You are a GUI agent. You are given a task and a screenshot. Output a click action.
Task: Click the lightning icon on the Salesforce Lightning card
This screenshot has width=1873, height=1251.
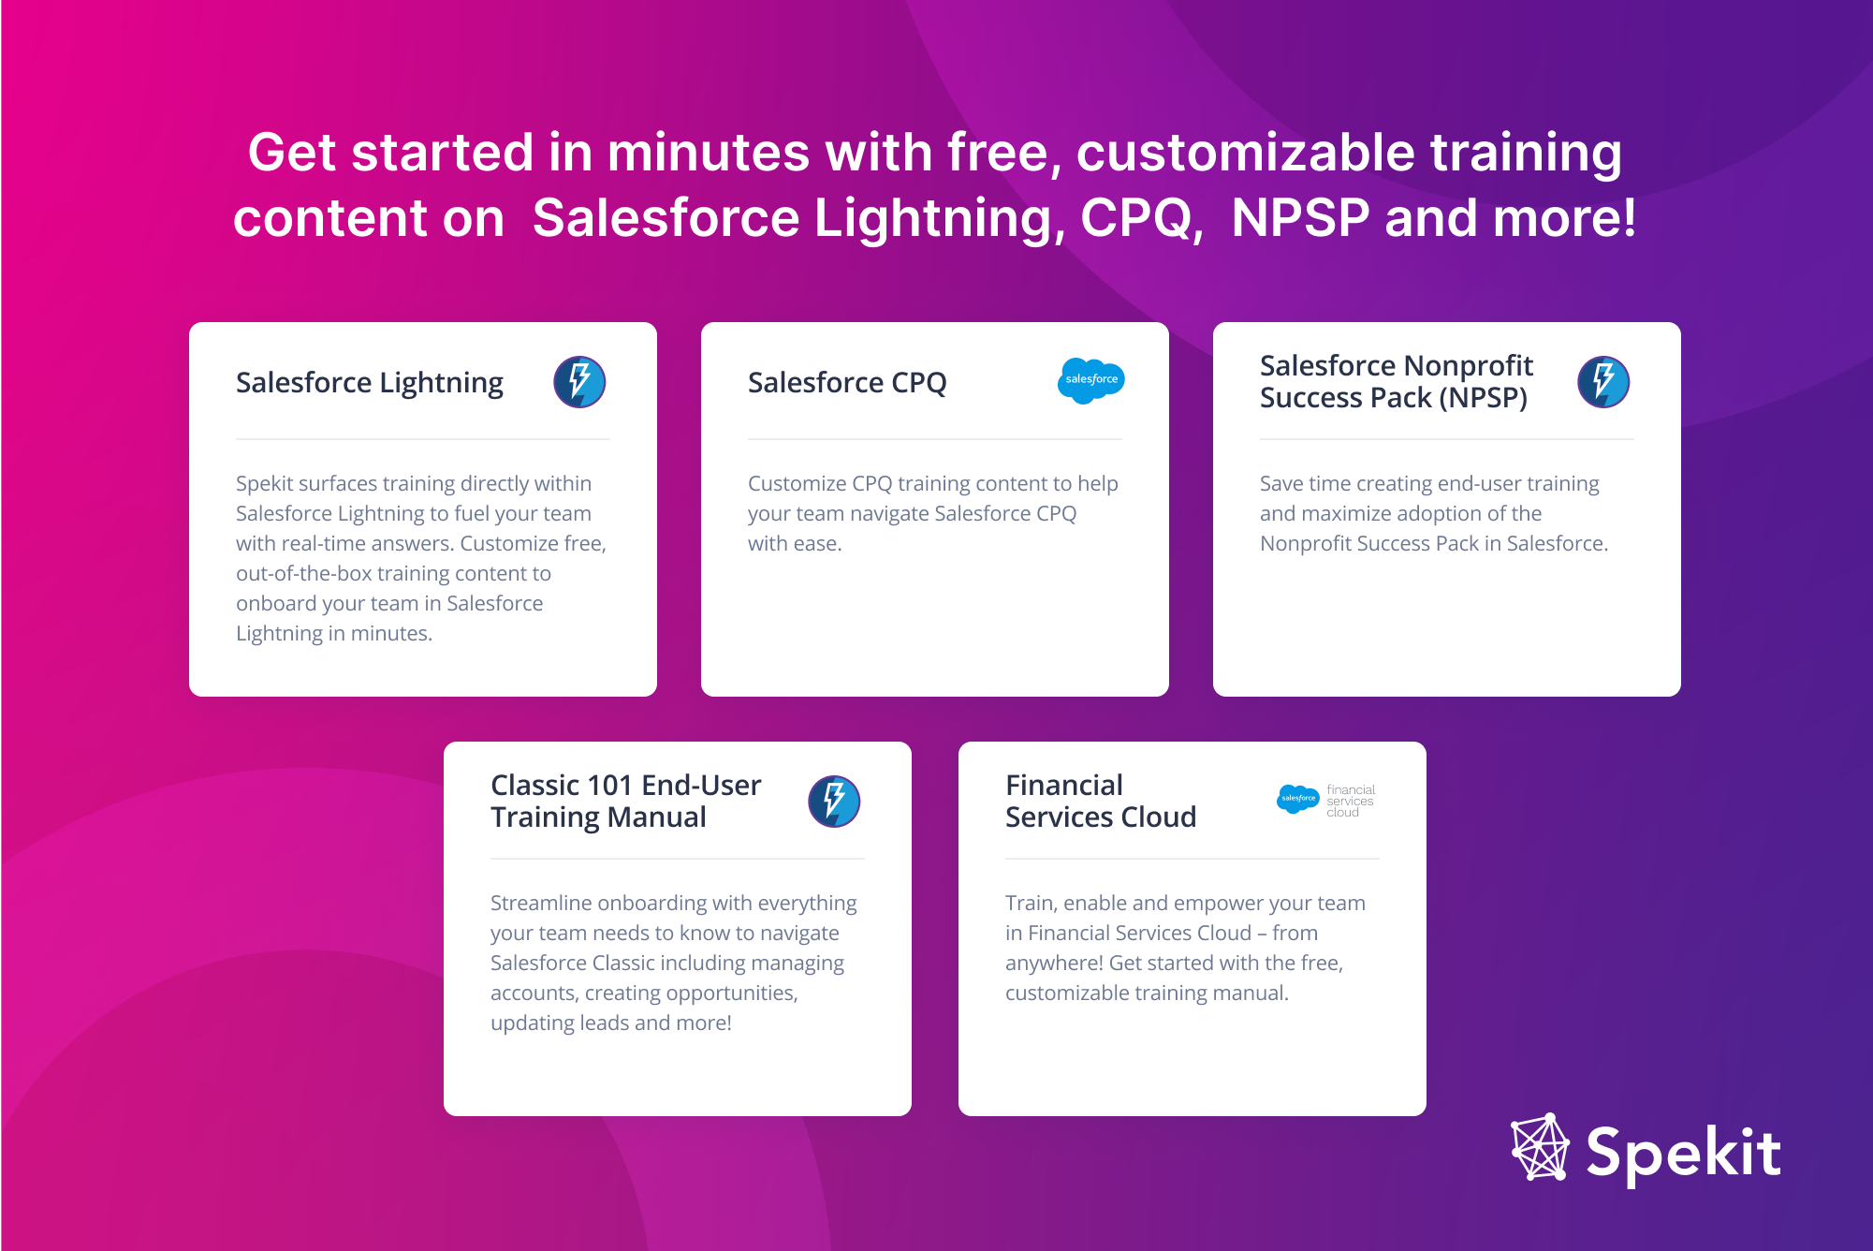click(x=579, y=382)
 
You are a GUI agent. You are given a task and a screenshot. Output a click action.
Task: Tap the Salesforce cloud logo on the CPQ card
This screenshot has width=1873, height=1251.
click(x=1090, y=380)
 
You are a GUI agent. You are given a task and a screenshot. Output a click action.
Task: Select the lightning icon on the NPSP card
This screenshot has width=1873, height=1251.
click(x=1603, y=382)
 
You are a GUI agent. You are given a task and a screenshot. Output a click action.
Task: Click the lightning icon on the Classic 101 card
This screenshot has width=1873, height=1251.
click(x=834, y=802)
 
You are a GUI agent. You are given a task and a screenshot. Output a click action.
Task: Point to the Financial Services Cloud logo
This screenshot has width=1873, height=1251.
click(x=1326, y=800)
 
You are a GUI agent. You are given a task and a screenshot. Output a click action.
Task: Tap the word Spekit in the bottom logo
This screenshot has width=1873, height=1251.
click(x=1683, y=1153)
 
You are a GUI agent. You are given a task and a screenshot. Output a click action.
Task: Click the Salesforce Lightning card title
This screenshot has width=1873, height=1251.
click(x=370, y=383)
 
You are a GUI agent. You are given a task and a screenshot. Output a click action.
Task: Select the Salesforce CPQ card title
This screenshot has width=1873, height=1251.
click(x=847, y=382)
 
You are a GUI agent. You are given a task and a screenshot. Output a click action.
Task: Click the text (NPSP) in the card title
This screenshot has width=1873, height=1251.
click(x=1484, y=398)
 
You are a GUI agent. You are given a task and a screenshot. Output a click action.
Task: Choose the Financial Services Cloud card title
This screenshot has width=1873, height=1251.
click(x=1101, y=801)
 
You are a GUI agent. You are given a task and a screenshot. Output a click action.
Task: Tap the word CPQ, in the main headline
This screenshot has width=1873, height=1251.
click(x=1142, y=218)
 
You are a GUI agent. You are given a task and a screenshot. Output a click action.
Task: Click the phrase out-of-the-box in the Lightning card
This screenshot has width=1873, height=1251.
click(x=304, y=573)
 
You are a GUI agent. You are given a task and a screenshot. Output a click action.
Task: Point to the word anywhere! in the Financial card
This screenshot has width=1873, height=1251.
click(x=1054, y=964)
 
